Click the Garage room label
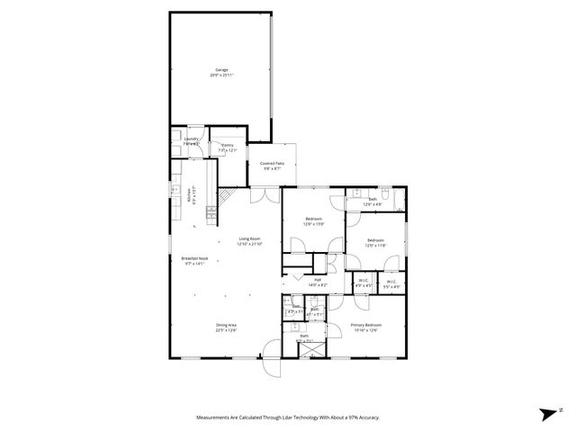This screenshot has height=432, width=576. click(220, 69)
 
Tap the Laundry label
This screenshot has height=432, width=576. click(191, 139)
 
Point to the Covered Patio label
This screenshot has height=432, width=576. click(272, 163)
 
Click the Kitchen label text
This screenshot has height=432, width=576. click(189, 194)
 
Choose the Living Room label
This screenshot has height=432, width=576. click(249, 239)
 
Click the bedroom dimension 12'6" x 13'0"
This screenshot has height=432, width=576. click(314, 224)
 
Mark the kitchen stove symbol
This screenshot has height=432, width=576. click(211, 213)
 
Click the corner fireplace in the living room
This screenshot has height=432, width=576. click(230, 195)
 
